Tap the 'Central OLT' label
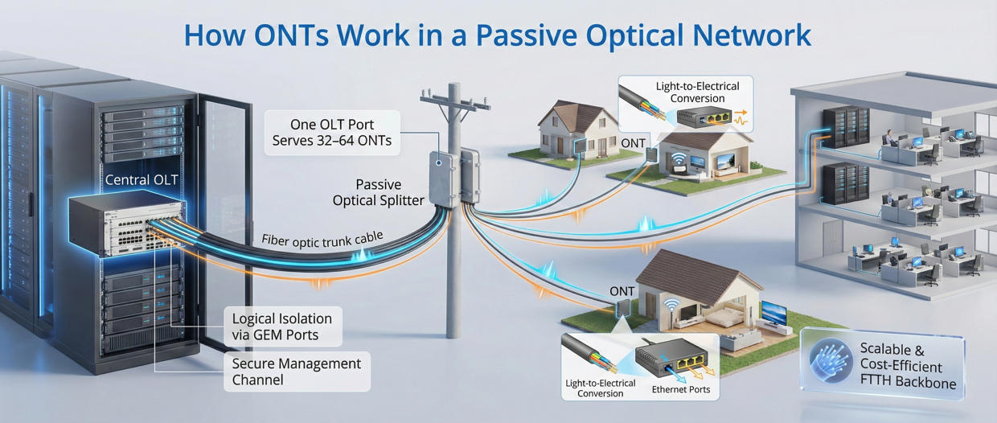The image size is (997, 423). pos(141,179)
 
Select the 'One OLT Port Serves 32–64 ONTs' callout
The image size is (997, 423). pos(334,133)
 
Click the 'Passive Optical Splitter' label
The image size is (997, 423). pos(378,193)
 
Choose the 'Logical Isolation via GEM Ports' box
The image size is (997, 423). pos(281,326)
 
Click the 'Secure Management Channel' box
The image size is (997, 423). pos(296,372)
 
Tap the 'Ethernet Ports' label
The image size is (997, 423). pos(680,389)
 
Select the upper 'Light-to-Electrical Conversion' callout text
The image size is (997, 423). pos(697,92)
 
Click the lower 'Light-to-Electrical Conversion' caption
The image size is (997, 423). pos(600,388)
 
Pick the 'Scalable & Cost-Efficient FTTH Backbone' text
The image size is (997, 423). pos(908,366)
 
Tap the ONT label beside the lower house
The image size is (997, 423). pos(622,291)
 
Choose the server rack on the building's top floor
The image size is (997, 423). pos(850,127)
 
